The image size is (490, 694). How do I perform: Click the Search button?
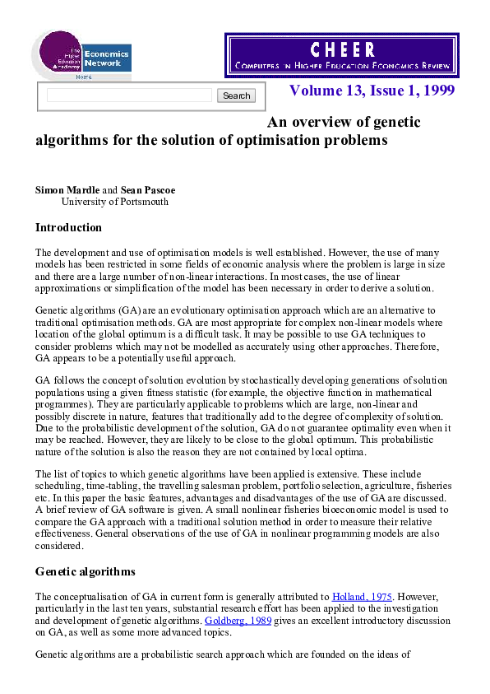coord(236,95)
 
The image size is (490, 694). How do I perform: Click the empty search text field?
coord(129,95)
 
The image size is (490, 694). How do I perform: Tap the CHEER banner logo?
coord(342,55)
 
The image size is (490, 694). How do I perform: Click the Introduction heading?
coord(68,227)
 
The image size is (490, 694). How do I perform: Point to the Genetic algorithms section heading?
coord(86,571)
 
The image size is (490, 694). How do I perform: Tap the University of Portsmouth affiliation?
coord(115,201)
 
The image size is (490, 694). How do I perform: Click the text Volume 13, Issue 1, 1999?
coord(372,90)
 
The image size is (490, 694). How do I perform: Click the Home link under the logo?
coord(84,77)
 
